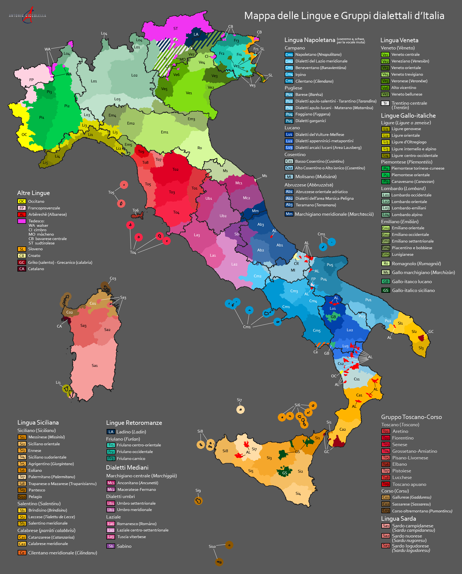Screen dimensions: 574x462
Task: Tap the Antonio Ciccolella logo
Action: tap(28, 15)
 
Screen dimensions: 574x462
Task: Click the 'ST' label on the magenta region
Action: tap(176, 28)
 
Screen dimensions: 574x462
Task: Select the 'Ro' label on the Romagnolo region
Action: tap(200, 148)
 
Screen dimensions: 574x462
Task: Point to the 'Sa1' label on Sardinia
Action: tap(95, 365)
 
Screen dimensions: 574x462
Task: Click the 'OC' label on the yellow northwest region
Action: tap(24, 135)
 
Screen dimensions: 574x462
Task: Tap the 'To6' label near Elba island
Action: tap(135, 210)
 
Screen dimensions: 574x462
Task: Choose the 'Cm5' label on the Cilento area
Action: tap(317, 330)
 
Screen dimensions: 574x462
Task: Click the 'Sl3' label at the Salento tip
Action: tap(421, 348)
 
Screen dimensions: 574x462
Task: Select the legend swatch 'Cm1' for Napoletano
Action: tap(289, 55)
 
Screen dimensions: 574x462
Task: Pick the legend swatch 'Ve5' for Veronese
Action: tap(385, 81)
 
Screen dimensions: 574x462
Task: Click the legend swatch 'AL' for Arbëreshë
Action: tap(22, 214)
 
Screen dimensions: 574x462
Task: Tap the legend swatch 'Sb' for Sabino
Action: tap(111, 546)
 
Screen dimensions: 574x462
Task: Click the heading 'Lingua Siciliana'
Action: tap(38, 422)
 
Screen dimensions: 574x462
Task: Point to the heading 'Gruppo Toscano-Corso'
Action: tap(411, 417)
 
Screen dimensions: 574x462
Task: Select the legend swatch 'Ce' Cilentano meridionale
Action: tap(22, 553)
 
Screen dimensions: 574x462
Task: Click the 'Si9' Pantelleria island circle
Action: tap(198, 501)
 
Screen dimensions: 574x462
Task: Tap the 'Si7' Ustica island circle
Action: tap(240, 409)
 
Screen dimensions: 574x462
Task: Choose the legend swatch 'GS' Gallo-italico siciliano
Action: tap(386, 290)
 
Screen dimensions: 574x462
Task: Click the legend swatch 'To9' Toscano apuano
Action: tap(386, 484)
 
